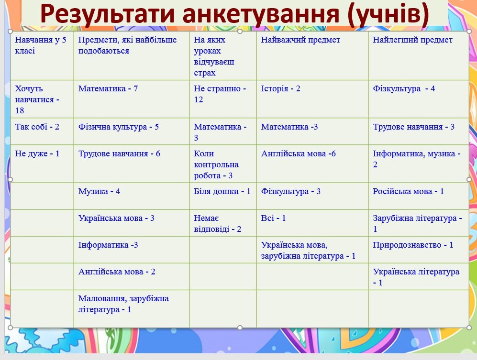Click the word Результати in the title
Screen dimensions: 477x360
[x=108, y=14]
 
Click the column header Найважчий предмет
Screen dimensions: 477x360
[x=300, y=40]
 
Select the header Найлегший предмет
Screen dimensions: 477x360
[x=412, y=40]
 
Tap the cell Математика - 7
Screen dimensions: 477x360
[x=108, y=88]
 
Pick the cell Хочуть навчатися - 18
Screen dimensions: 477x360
[x=37, y=99]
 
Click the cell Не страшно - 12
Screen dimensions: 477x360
[x=220, y=94]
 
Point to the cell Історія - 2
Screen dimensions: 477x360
[x=280, y=88]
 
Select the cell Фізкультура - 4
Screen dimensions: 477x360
[x=404, y=88]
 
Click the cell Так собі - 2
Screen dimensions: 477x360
[x=37, y=127]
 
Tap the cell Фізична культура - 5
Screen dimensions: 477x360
[x=118, y=127]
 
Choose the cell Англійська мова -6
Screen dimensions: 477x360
[x=298, y=153]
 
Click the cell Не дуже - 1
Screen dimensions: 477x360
[x=37, y=153]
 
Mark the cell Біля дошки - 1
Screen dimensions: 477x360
[x=222, y=191]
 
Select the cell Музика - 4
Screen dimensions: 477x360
[x=99, y=191]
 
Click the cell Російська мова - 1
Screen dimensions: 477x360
[x=408, y=191]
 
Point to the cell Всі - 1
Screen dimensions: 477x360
[x=273, y=218]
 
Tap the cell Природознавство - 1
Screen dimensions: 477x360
[x=413, y=245]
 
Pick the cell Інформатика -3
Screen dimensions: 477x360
[x=108, y=245]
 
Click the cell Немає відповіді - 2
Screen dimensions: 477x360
[x=218, y=223]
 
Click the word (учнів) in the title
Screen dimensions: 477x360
[x=388, y=14]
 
